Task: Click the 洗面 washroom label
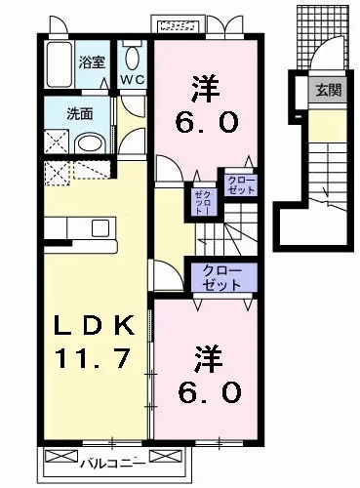79,112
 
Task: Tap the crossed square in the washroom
58,142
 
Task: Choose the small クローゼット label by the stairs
240,185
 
